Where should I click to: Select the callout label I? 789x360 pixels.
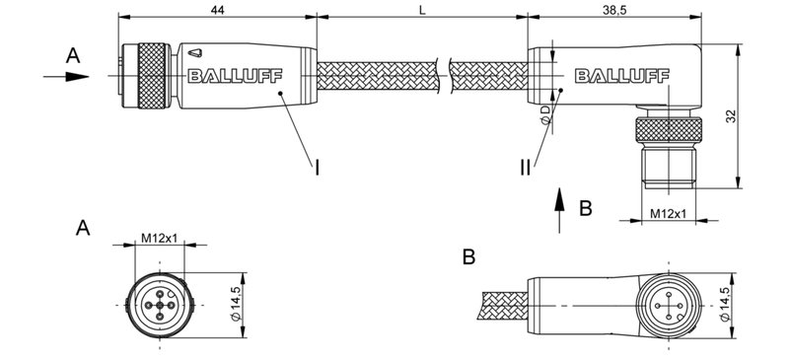[317, 168]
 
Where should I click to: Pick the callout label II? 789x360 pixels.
[526, 168]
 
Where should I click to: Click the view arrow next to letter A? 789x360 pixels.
[67, 74]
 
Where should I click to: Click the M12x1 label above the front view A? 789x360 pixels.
[158, 238]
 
